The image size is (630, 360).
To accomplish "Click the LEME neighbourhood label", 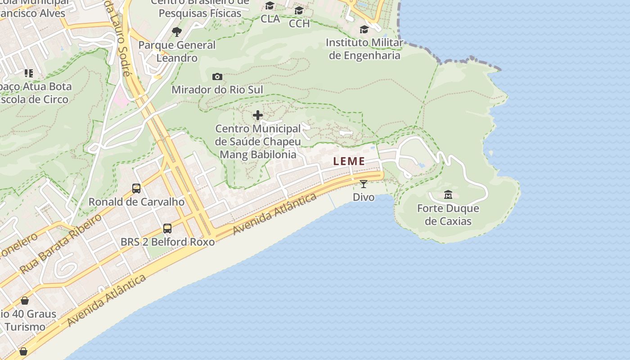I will coord(349,161).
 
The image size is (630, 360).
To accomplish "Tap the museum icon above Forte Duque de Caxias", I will coord(448,195).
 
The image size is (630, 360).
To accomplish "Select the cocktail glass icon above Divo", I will coord(364,184).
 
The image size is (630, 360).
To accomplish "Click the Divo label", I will coord(364,197).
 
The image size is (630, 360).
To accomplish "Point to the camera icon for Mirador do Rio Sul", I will coord(217,76).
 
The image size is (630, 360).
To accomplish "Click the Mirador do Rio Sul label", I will coord(217,90).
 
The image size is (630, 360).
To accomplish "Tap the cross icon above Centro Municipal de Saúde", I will coord(258,116).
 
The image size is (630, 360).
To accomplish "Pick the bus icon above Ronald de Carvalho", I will coord(136,189).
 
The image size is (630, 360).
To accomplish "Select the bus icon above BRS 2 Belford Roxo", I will coord(167,229).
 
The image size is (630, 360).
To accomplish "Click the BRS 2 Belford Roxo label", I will coord(167,242).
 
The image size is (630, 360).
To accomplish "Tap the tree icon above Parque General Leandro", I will coord(177,31).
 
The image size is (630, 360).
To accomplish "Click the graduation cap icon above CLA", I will coord(270,6).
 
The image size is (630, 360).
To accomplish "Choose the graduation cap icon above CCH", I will coord(299,10).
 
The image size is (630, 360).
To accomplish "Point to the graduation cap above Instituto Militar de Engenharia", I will coord(364,29).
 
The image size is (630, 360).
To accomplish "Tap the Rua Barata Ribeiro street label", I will coord(61,243).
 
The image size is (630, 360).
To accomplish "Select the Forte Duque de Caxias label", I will coord(448,215).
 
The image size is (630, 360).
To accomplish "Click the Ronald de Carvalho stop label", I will coord(136,202).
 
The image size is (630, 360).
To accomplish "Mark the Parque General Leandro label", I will coord(177,51).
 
